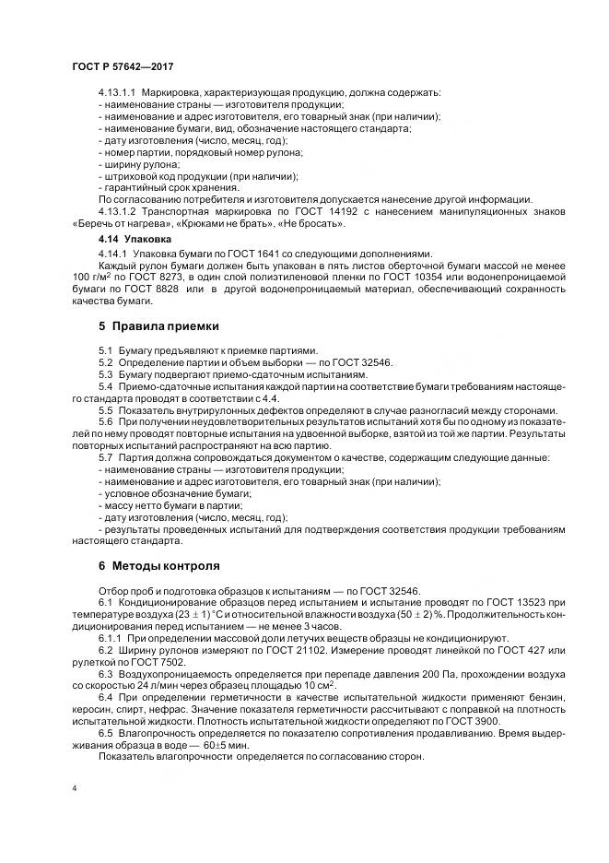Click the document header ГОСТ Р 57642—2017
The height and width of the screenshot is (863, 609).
(x=122, y=66)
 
